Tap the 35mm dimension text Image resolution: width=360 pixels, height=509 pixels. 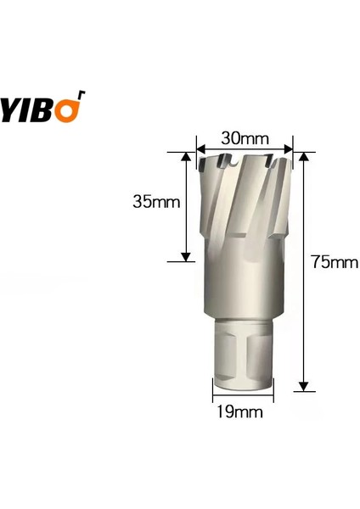(x=155, y=202)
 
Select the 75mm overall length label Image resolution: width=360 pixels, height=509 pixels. (x=332, y=262)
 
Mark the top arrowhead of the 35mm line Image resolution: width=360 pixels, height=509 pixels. (x=185, y=157)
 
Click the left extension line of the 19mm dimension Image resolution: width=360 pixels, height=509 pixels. (x=212, y=392)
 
